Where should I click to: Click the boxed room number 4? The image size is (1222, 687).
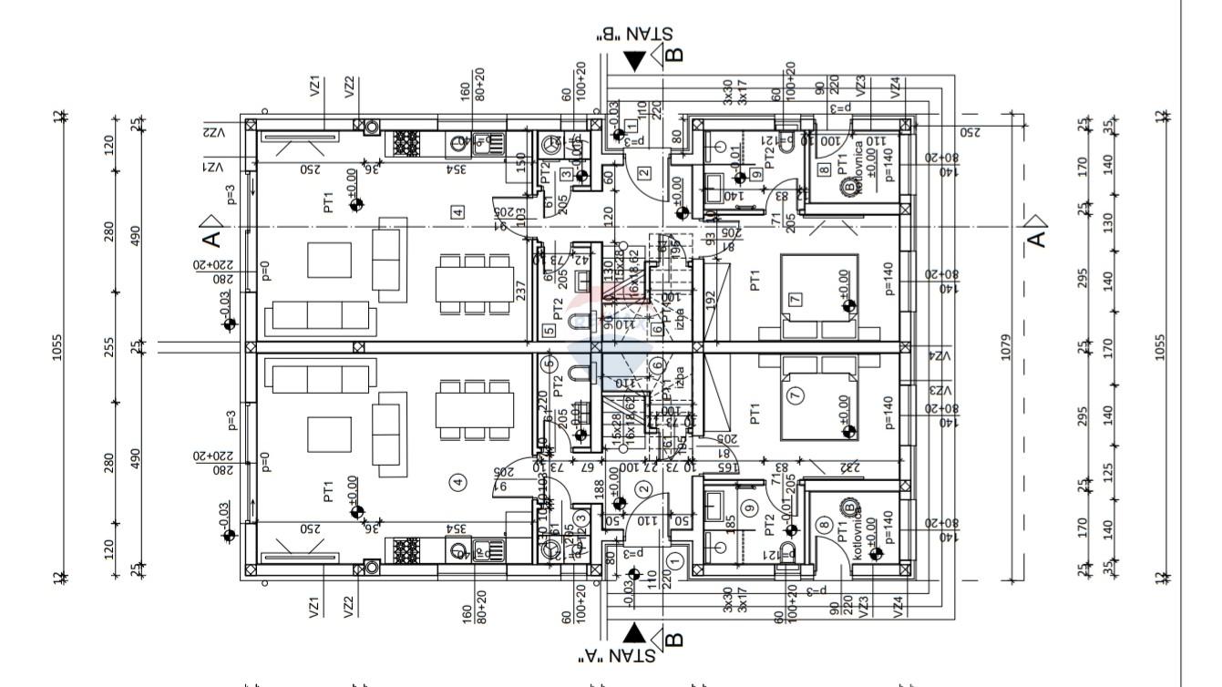[457, 211]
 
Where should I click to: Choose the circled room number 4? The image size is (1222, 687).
[457, 483]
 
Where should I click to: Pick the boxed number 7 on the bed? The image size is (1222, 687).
[795, 299]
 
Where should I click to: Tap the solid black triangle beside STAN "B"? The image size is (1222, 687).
[635, 61]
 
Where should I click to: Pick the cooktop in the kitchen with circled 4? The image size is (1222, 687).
[406, 550]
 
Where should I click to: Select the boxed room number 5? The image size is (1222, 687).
[548, 332]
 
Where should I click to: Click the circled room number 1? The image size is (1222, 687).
[675, 559]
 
